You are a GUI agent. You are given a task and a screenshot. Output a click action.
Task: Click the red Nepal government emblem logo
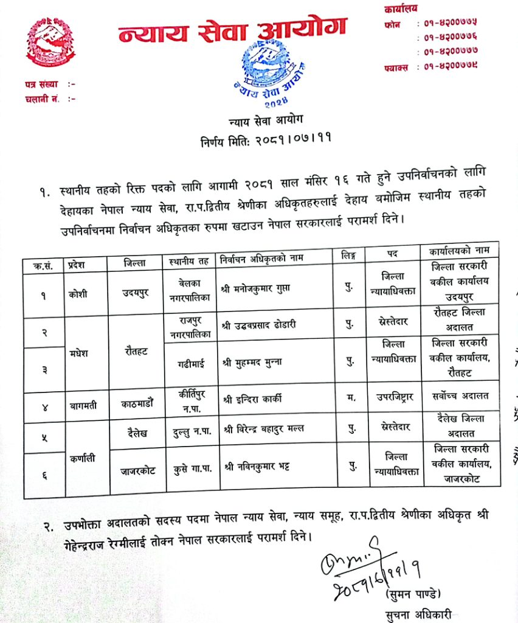pos(50,43)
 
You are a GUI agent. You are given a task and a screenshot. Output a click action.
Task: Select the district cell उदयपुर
pos(136,291)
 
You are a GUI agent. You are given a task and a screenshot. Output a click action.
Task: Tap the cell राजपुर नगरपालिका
pos(189,324)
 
